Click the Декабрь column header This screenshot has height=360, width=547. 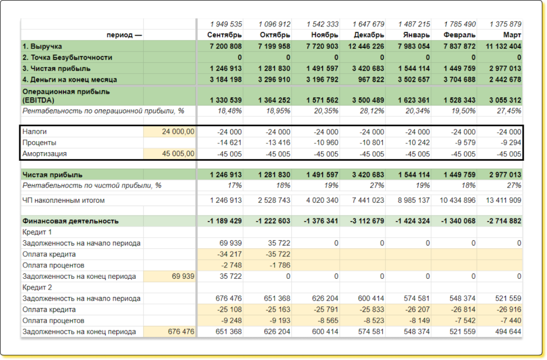[x=369, y=35]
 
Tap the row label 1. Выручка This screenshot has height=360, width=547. [x=42, y=46]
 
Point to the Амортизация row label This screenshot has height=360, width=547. [x=44, y=154]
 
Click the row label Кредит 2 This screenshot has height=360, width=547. [x=37, y=287]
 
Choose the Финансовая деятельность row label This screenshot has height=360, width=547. [x=70, y=221]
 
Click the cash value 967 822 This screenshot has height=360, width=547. [x=371, y=79]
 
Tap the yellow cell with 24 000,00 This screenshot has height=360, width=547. [x=178, y=131]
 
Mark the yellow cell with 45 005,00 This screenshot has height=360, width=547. [x=178, y=154]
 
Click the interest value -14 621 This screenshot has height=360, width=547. [x=229, y=143]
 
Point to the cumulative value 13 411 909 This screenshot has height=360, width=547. [x=503, y=200]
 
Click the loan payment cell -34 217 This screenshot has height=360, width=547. [x=229, y=254]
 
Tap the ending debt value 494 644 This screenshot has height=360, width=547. [x=508, y=331]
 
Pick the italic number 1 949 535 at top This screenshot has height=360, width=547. [x=226, y=24]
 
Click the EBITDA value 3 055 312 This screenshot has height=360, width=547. [x=505, y=100]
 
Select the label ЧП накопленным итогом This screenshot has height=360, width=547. [x=63, y=200]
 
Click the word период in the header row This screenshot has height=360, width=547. [x=120, y=35]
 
